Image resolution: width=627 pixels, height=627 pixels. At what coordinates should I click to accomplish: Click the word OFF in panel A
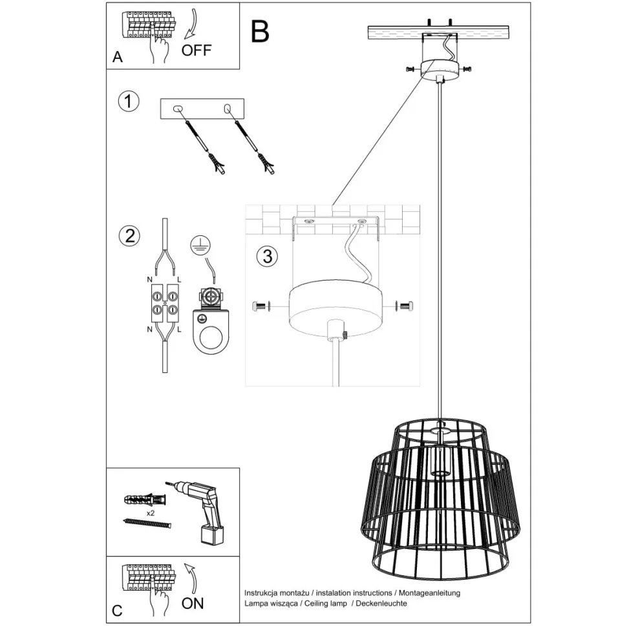click(x=197, y=50)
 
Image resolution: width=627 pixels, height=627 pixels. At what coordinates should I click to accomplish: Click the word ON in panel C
click(x=193, y=603)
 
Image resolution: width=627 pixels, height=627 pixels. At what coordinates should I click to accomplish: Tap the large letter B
click(x=259, y=31)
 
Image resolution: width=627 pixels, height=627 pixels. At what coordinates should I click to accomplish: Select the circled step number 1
click(x=129, y=101)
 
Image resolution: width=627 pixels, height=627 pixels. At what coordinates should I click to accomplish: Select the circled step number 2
click(x=129, y=235)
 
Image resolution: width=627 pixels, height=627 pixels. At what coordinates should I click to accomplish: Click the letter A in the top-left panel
click(x=117, y=57)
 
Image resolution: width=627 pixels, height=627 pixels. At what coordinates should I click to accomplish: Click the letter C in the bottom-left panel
click(x=117, y=610)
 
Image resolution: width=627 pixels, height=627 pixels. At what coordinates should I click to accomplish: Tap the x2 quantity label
click(x=150, y=512)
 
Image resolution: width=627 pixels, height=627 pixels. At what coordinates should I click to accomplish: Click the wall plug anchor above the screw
click(x=145, y=500)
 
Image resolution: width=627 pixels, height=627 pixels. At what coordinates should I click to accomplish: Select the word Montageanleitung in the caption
click(x=429, y=593)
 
